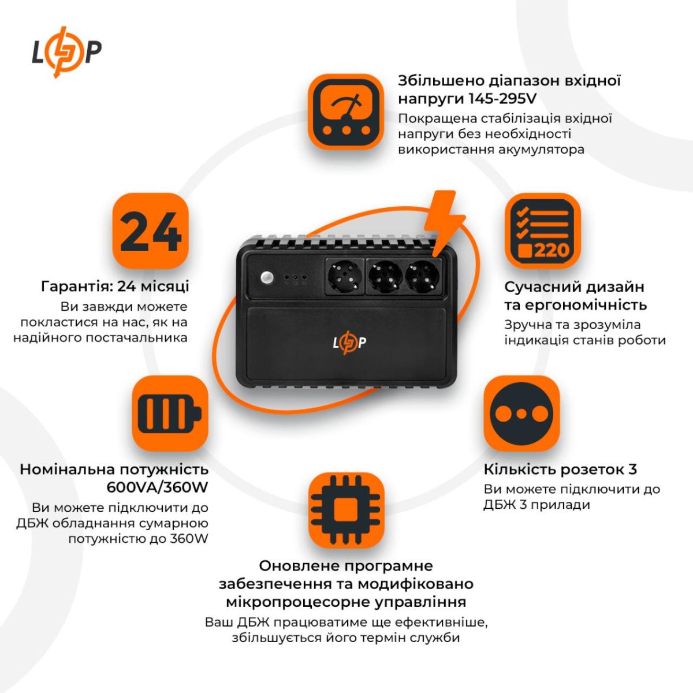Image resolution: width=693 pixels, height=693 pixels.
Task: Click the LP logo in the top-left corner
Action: click(x=66, y=51)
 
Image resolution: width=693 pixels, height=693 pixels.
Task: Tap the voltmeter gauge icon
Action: click(x=345, y=111)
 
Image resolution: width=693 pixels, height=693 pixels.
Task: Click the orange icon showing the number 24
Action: click(x=151, y=231)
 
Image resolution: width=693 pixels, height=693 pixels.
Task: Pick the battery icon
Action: click(x=170, y=413)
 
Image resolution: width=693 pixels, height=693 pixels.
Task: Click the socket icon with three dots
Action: click(x=521, y=413)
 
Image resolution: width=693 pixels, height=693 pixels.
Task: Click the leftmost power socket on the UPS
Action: click(x=344, y=276)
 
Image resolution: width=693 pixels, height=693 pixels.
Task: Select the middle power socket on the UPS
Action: click(x=385, y=275)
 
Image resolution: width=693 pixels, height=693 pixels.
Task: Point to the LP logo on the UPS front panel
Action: click(x=349, y=343)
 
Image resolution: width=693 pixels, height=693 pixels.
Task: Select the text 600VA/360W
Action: click(x=157, y=487)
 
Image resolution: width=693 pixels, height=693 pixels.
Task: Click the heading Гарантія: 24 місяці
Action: click(x=115, y=286)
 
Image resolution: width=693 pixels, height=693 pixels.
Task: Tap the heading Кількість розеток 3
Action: click(x=560, y=470)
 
